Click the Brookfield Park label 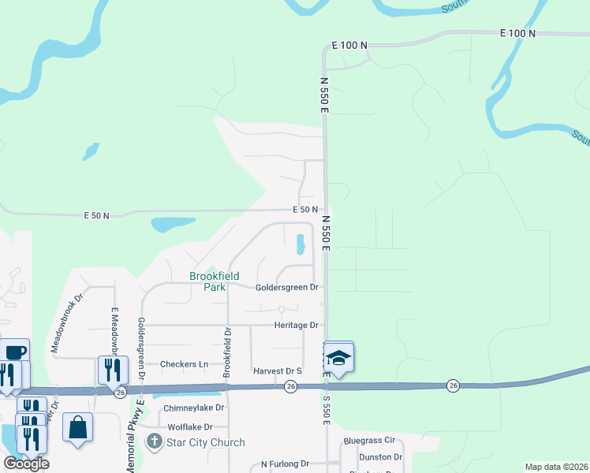[208, 281]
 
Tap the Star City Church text [205, 442]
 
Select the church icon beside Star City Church [155, 442]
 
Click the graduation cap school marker [338, 358]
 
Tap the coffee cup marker [14, 352]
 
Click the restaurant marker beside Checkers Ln [112, 369]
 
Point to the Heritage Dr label [296, 325]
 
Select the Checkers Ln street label [184, 364]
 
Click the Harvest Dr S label [278, 371]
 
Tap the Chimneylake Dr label [194, 408]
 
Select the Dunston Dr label [380, 456]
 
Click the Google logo [26, 464]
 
